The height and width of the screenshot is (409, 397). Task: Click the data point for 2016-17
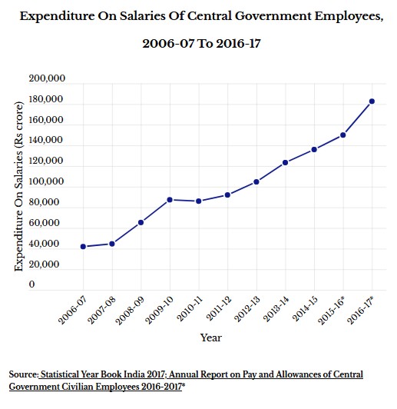[372, 101]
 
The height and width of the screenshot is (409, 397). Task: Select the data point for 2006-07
[84, 247]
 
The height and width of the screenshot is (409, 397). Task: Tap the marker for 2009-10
[170, 200]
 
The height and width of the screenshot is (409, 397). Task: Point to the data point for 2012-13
[256, 181]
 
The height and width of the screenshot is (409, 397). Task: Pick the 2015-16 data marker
[343, 135]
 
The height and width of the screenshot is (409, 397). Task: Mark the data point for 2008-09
[141, 222]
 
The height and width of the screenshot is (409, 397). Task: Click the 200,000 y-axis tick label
[47, 78]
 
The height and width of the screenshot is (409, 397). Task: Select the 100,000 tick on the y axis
[46, 181]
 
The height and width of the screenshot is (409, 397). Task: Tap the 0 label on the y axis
[31, 284]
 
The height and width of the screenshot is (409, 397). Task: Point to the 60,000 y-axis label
[44, 222]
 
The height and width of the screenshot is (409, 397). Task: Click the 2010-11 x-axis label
[190, 309]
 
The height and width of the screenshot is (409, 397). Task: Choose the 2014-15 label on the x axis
[306, 309]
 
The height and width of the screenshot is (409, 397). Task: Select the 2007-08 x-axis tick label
[101, 311]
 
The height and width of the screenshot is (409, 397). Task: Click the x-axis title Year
[211, 338]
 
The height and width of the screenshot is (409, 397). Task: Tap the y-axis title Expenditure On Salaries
[19, 186]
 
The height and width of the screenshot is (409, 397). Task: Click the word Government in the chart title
[273, 16]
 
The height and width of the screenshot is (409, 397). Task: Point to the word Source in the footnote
[24, 374]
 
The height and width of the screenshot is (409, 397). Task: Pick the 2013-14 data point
[285, 162]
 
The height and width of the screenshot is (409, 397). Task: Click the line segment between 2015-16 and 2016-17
[358, 118]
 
